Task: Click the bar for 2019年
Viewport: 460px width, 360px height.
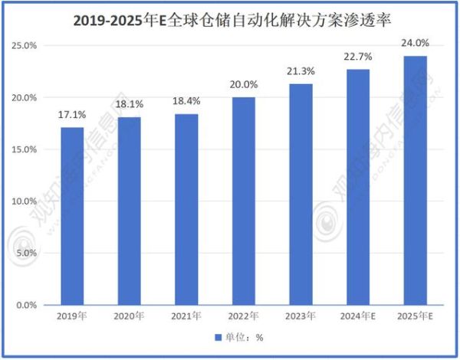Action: (x=72, y=216)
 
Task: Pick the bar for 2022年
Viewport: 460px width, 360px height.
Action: (x=243, y=201)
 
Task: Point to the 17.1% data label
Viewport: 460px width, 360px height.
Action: (x=72, y=115)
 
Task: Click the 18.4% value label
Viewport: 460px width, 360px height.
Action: (x=186, y=101)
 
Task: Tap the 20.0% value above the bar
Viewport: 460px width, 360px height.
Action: (x=243, y=85)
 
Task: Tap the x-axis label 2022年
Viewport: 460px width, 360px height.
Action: (x=243, y=316)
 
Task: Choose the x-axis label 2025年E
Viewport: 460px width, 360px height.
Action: (x=414, y=316)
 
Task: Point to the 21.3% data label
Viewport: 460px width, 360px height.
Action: (x=300, y=71)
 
